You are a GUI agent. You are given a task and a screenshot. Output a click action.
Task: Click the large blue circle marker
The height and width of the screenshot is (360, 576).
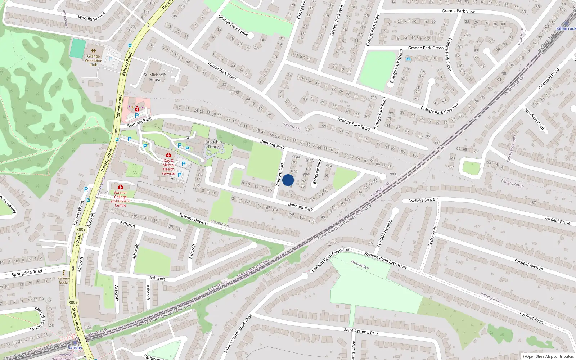point(288,180)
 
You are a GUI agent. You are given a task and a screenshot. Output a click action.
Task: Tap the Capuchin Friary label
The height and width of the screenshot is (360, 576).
point(213,144)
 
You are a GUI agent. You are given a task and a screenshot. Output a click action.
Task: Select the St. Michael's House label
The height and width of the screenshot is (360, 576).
point(155,77)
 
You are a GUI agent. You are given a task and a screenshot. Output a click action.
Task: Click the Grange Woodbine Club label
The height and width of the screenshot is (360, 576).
point(94,60)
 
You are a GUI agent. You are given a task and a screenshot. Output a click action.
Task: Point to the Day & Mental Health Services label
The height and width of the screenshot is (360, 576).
point(168,167)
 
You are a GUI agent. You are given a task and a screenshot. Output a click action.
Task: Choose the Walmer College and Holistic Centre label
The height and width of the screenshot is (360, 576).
point(121,199)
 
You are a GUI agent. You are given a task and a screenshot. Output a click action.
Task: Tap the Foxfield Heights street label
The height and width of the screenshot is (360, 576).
point(384,233)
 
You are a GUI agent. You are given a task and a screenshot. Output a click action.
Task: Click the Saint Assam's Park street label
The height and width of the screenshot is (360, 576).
point(361,331)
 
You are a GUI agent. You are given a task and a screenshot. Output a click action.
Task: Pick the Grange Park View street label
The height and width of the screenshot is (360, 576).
point(458,11)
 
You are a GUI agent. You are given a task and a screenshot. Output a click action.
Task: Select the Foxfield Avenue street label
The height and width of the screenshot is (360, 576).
point(528,265)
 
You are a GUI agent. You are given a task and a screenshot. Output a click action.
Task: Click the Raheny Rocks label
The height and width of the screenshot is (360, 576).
point(64,280)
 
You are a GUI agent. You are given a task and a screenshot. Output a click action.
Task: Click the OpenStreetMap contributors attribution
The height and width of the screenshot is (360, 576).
point(548,357)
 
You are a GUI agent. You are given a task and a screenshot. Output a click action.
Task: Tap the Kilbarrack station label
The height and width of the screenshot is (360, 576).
point(566,28)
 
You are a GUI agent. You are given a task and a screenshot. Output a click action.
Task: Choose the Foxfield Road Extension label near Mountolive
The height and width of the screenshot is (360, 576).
point(385,260)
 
